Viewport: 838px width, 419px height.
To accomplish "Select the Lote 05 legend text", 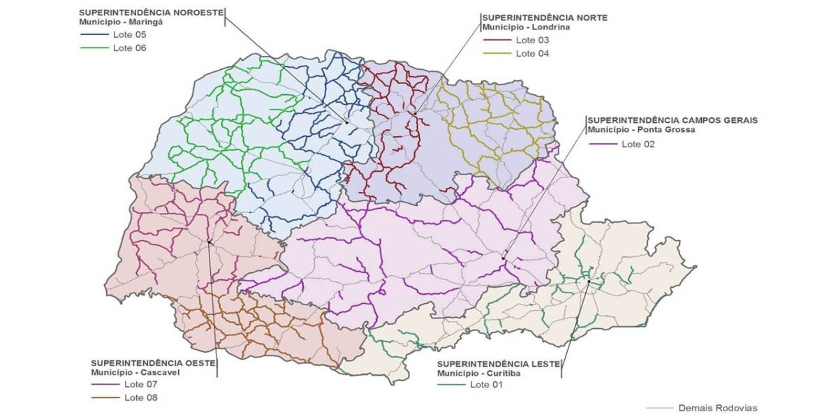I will (x=129, y=34).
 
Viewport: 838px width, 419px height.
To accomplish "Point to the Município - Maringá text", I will (x=121, y=22).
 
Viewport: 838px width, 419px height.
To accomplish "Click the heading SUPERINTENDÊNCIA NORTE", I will (x=545, y=17).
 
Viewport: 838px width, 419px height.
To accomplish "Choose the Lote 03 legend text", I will (x=533, y=40).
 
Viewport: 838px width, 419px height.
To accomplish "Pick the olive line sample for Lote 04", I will (x=497, y=54).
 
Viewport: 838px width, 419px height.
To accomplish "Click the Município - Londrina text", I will (x=526, y=27).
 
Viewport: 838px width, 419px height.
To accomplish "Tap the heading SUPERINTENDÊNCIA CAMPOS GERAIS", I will (x=672, y=120).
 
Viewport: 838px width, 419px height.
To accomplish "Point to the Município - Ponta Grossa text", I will (x=641, y=130).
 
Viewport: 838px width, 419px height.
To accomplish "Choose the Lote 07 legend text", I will (x=141, y=384).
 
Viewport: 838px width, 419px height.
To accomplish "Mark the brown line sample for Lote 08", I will (x=105, y=398).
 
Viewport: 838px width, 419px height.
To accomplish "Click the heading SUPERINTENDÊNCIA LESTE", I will (x=493, y=364).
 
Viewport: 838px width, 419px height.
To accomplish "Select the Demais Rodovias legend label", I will (x=717, y=408).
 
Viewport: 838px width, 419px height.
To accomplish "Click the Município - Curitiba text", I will (x=483, y=374).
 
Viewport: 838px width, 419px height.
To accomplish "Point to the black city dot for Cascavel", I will (x=209, y=242).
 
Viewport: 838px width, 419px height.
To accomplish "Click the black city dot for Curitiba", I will (x=589, y=282).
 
